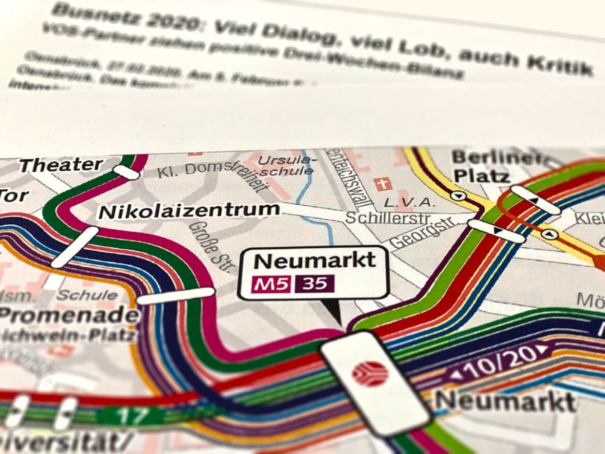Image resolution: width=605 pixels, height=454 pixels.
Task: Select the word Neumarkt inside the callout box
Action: point(314,260)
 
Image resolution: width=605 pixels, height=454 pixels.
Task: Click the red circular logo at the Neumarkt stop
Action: point(370,373)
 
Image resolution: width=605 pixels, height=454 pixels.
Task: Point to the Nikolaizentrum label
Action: point(189,211)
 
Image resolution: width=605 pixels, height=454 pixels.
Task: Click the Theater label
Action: point(61,165)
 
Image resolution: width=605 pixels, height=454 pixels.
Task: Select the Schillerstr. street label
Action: point(382,218)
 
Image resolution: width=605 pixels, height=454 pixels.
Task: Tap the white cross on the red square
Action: point(384,184)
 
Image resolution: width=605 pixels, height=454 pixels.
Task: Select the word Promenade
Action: point(68,314)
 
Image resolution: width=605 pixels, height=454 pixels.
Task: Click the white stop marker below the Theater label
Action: point(126,173)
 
